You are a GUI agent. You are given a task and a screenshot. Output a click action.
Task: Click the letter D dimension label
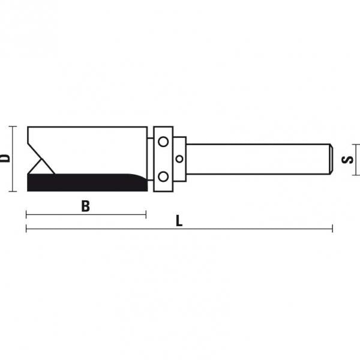click(x=5, y=158)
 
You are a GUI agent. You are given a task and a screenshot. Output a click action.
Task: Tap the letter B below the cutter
click(x=86, y=206)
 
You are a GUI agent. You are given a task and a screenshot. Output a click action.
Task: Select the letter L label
click(x=179, y=221)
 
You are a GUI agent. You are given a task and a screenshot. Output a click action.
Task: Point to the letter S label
click(x=347, y=160)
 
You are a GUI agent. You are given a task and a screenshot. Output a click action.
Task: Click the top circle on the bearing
click(x=163, y=142)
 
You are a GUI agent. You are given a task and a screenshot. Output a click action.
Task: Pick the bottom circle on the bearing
click(x=163, y=176)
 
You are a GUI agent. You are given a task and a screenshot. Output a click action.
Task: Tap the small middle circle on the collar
click(x=179, y=159)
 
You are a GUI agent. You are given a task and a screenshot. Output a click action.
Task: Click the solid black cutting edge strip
click(x=84, y=182)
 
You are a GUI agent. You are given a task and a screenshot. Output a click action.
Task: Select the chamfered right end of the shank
click(x=330, y=159)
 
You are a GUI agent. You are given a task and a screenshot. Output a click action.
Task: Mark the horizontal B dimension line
click(x=86, y=214)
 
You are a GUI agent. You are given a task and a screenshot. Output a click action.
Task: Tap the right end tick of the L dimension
click(x=332, y=229)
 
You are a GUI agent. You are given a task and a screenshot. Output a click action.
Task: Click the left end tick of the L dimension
click(x=26, y=229)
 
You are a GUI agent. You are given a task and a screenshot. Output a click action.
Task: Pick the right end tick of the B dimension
click(x=146, y=214)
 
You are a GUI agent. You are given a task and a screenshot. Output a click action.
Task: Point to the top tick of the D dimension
click(x=13, y=127)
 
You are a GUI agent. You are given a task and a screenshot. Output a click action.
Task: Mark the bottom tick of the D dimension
click(x=13, y=192)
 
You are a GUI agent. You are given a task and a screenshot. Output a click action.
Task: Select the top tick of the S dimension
click(x=356, y=145)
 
